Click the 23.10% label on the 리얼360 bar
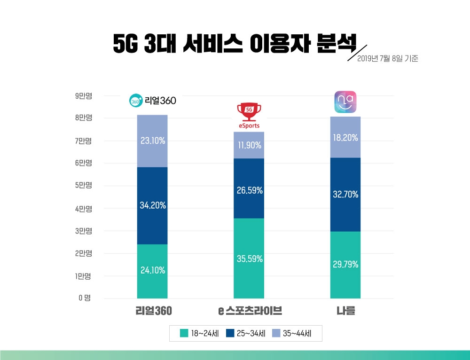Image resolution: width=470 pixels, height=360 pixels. [152, 140]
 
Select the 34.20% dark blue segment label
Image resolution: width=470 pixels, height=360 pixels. [152, 205]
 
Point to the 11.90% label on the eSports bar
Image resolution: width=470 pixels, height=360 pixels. [249, 145]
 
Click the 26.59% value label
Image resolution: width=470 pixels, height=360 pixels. [249, 190]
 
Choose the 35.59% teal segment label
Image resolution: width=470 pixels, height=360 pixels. [249, 259]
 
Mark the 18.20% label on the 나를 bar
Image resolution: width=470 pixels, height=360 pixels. [345, 138]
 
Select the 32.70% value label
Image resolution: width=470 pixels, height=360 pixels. [345, 194]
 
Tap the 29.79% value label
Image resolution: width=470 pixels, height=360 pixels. [345, 265]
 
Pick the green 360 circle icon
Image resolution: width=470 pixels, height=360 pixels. [136, 101]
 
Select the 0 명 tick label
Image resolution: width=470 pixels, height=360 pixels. [85, 298]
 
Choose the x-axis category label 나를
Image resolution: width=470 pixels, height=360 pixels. [345, 311]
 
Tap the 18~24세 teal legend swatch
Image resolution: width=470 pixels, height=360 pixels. [184, 334]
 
